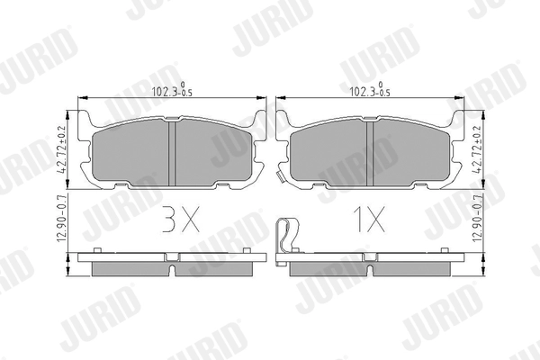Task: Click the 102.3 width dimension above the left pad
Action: click(172, 90)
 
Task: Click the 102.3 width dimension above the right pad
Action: click(370, 90)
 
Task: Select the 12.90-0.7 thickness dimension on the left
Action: click(62, 220)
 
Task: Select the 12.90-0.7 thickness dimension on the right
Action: click(477, 220)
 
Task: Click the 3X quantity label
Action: click(181, 219)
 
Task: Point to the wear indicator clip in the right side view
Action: click(287, 241)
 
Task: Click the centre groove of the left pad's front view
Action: click(172, 153)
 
